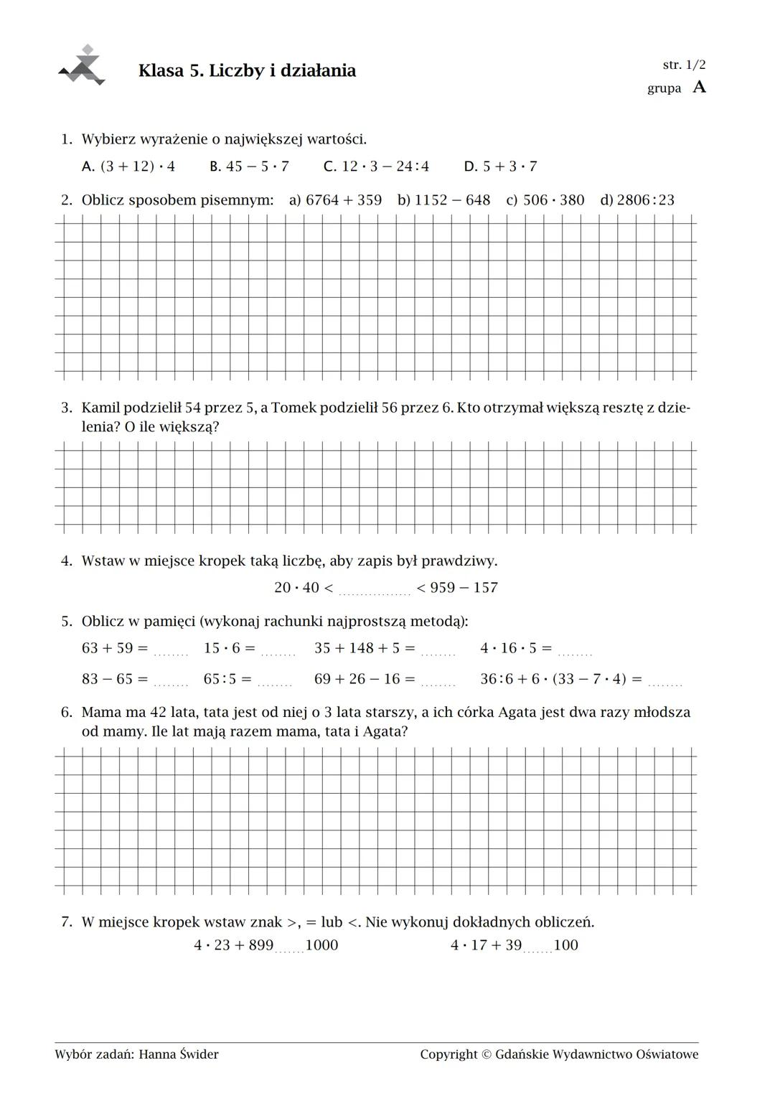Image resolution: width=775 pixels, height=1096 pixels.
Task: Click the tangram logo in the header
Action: [x=83, y=66]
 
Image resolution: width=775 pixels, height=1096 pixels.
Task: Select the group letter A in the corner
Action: [x=700, y=87]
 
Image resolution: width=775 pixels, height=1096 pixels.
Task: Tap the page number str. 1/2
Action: [x=684, y=65]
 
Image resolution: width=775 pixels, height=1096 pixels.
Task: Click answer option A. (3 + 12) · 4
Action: [x=128, y=167]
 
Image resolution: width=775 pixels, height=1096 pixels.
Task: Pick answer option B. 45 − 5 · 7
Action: [x=249, y=167]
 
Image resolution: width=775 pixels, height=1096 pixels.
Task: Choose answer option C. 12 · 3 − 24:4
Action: [x=376, y=167]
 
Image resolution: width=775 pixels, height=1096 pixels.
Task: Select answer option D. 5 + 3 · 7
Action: [x=500, y=167]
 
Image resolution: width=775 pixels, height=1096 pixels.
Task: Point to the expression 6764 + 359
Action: [x=344, y=200]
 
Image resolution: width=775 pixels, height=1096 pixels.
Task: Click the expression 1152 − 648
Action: [x=452, y=200]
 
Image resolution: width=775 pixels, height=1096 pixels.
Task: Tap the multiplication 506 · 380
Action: [x=553, y=200]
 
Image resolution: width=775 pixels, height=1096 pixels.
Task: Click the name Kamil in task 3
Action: [x=100, y=408]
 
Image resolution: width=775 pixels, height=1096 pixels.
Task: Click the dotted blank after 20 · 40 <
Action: [x=374, y=591]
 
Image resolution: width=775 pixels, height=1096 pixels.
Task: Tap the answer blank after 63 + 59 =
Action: [x=171, y=652]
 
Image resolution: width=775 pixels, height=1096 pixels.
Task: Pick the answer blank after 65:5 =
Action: [x=274, y=683]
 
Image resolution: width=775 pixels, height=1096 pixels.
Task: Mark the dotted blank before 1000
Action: [x=289, y=949]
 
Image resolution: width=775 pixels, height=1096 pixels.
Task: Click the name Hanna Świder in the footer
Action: [x=179, y=1054]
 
